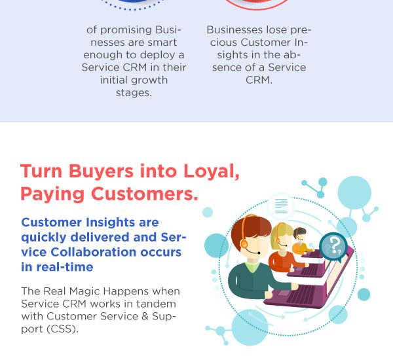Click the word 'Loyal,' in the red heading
[212, 171]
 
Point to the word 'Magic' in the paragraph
[84, 291]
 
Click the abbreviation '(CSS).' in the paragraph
[63, 329]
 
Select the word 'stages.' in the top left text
[134, 93]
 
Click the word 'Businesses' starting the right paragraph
[234, 30]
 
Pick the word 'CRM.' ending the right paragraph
[259, 80]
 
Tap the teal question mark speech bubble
[333, 246]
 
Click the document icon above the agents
[281, 206]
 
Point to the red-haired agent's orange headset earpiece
[244, 243]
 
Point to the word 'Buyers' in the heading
[101, 171]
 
